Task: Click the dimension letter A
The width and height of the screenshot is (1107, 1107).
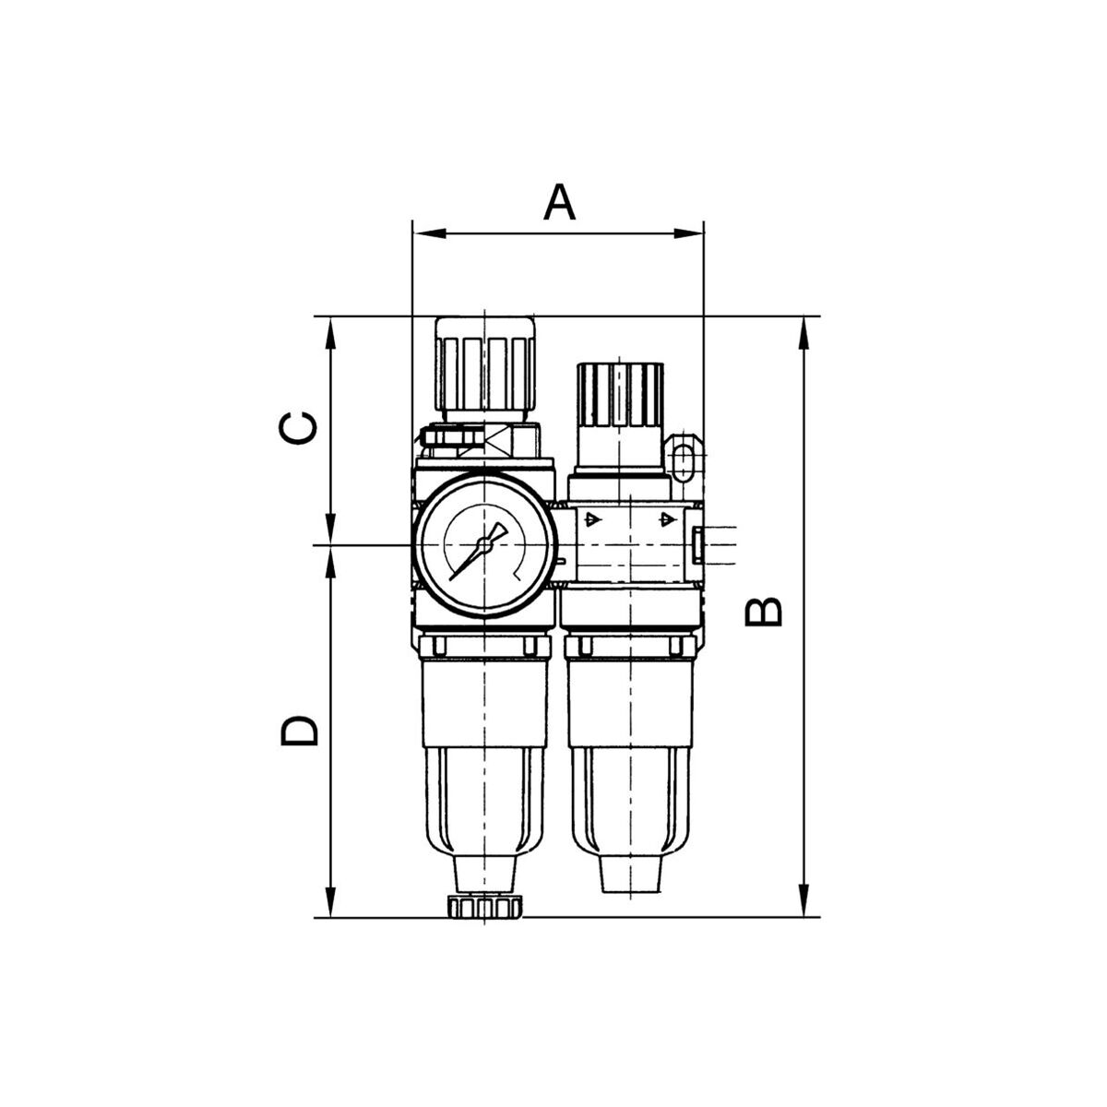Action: click(559, 202)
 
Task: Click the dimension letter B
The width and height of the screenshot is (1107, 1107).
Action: click(763, 612)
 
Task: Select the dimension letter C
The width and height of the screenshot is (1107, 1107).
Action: click(298, 429)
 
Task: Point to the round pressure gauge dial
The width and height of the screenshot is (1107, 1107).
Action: click(484, 546)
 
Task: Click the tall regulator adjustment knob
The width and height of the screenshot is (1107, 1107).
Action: click(485, 369)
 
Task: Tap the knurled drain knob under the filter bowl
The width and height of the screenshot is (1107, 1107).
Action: click(485, 908)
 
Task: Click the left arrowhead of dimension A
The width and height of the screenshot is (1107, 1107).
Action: click(430, 233)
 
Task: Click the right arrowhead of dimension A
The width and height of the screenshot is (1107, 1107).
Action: click(687, 233)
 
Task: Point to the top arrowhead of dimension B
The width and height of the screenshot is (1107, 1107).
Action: click(803, 333)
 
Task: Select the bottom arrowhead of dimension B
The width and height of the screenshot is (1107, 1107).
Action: click(803, 901)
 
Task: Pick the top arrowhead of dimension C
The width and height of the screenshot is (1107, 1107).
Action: click(330, 333)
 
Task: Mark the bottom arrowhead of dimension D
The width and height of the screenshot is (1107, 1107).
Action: click(330, 901)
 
